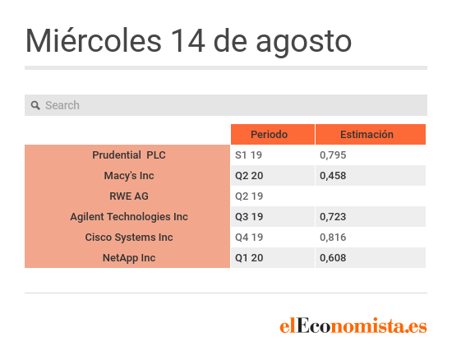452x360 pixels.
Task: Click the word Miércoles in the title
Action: [x=94, y=40]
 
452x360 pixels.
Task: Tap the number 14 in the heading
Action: [x=187, y=41]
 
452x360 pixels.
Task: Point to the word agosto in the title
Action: [x=304, y=44]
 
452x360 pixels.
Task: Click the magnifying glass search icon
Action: [x=35, y=105]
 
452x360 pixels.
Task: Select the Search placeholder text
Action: [x=62, y=105]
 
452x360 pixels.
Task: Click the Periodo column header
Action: [x=269, y=134]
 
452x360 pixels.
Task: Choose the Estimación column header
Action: [x=367, y=134]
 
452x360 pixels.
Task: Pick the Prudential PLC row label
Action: [x=129, y=155]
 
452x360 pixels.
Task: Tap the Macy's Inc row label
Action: [x=129, y=176]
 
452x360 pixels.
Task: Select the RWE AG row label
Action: [x=129, y=196]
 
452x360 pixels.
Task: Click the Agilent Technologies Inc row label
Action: [x=129, y=217]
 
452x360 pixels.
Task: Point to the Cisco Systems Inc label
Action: [x=129, y=238]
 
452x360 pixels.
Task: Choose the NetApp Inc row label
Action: [x=129, y=258]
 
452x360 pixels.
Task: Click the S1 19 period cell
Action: [x=248, y=155]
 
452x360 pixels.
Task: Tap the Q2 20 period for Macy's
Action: [x=249, y=176]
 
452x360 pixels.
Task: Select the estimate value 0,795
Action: [x=333, y=155]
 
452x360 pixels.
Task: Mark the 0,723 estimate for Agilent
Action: [x=333, y=217]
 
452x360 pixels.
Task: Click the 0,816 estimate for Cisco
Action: [x=333, y=238]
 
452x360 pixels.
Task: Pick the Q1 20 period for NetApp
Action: [x=249, y=258]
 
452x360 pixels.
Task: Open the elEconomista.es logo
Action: [x=353, y=325]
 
